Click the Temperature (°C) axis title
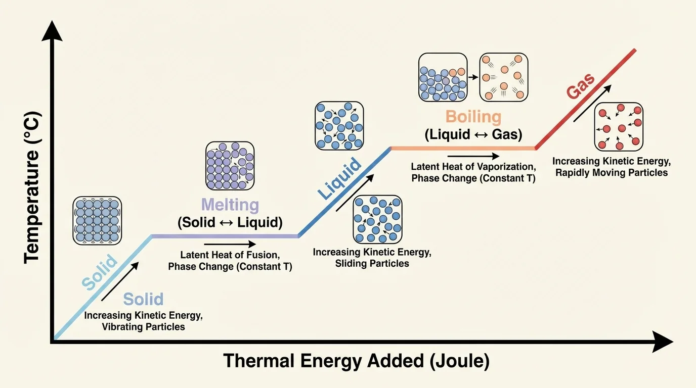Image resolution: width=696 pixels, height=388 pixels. (x=31, y=186)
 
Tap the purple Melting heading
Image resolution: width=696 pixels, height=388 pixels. (x=230, y=205)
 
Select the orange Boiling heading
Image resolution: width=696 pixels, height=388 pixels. (x=473, y=117)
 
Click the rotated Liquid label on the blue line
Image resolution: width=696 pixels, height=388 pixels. (x=339, y=178)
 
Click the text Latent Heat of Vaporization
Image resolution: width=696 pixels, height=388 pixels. (x=473, y=167)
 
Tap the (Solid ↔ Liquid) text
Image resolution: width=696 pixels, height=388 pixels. (x=230, y=222)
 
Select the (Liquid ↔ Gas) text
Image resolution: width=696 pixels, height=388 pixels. (x=473, y=135)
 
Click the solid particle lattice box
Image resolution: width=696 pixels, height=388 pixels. (x=97, y=220)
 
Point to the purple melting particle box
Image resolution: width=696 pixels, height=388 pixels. (x=230, y=166)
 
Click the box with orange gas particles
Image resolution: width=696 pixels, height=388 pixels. (x=503, y=77)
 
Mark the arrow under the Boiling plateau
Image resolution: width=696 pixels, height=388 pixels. (x=472, y=157)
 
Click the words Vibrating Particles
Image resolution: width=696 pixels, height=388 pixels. (x=144, y=327)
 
